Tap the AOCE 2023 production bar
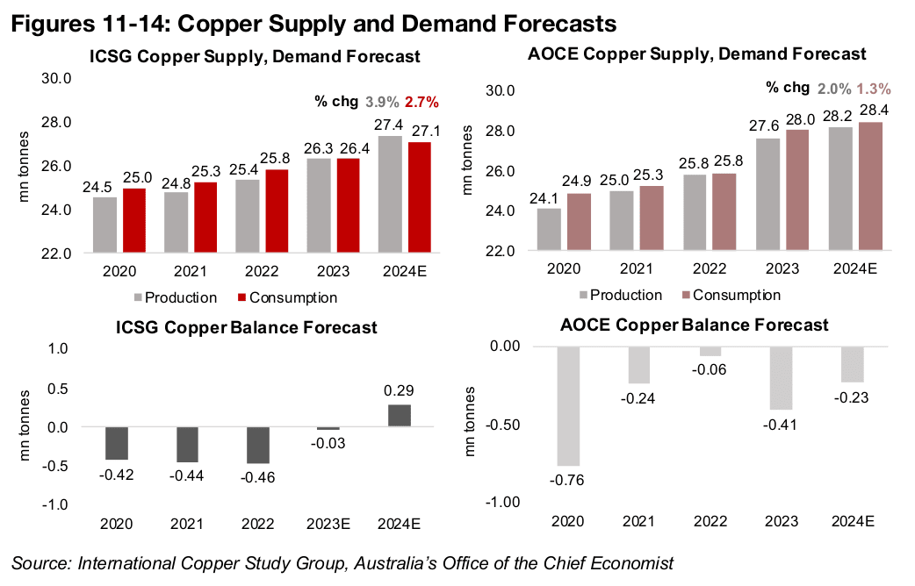[768, 194]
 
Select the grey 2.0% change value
[833, 88]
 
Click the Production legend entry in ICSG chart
[175, 297]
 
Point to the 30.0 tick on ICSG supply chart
[59, 79]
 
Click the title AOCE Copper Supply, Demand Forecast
[696, 54]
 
